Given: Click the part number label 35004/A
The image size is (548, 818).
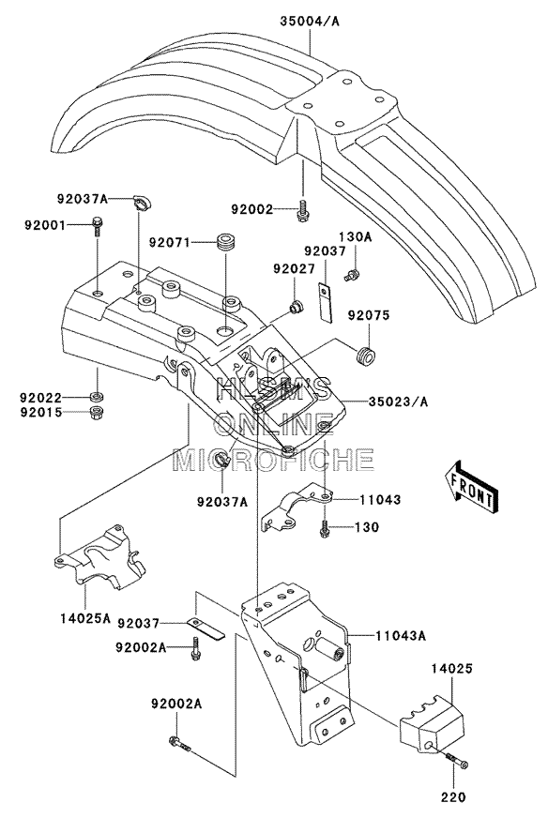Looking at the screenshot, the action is (x=310, y=22).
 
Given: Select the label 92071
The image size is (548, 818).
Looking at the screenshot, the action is (x=169, y=243).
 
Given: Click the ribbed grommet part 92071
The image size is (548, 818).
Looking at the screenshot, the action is (x=225, y=244).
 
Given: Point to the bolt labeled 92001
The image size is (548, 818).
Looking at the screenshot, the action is (x=98, y=227).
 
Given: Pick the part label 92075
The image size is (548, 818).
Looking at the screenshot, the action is (x=370, y=315).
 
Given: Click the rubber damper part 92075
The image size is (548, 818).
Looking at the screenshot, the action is (x=364, y=356).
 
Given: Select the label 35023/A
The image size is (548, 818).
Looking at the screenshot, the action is (x=398, y=401).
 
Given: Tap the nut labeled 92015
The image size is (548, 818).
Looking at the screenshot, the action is (x=96, y=413).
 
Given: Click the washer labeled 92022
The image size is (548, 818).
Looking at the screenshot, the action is (x=96, y=397).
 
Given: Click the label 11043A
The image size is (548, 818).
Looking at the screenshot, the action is (x=401, y=636).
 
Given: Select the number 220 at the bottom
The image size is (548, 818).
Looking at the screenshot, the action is (x=453, y=797).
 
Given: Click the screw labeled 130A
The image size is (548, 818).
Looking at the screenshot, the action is (x=353, y=275).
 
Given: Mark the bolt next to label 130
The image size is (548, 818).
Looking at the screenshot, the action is (x=325, y=529).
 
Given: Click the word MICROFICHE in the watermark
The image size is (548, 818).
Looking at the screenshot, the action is (x=273, y=460).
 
